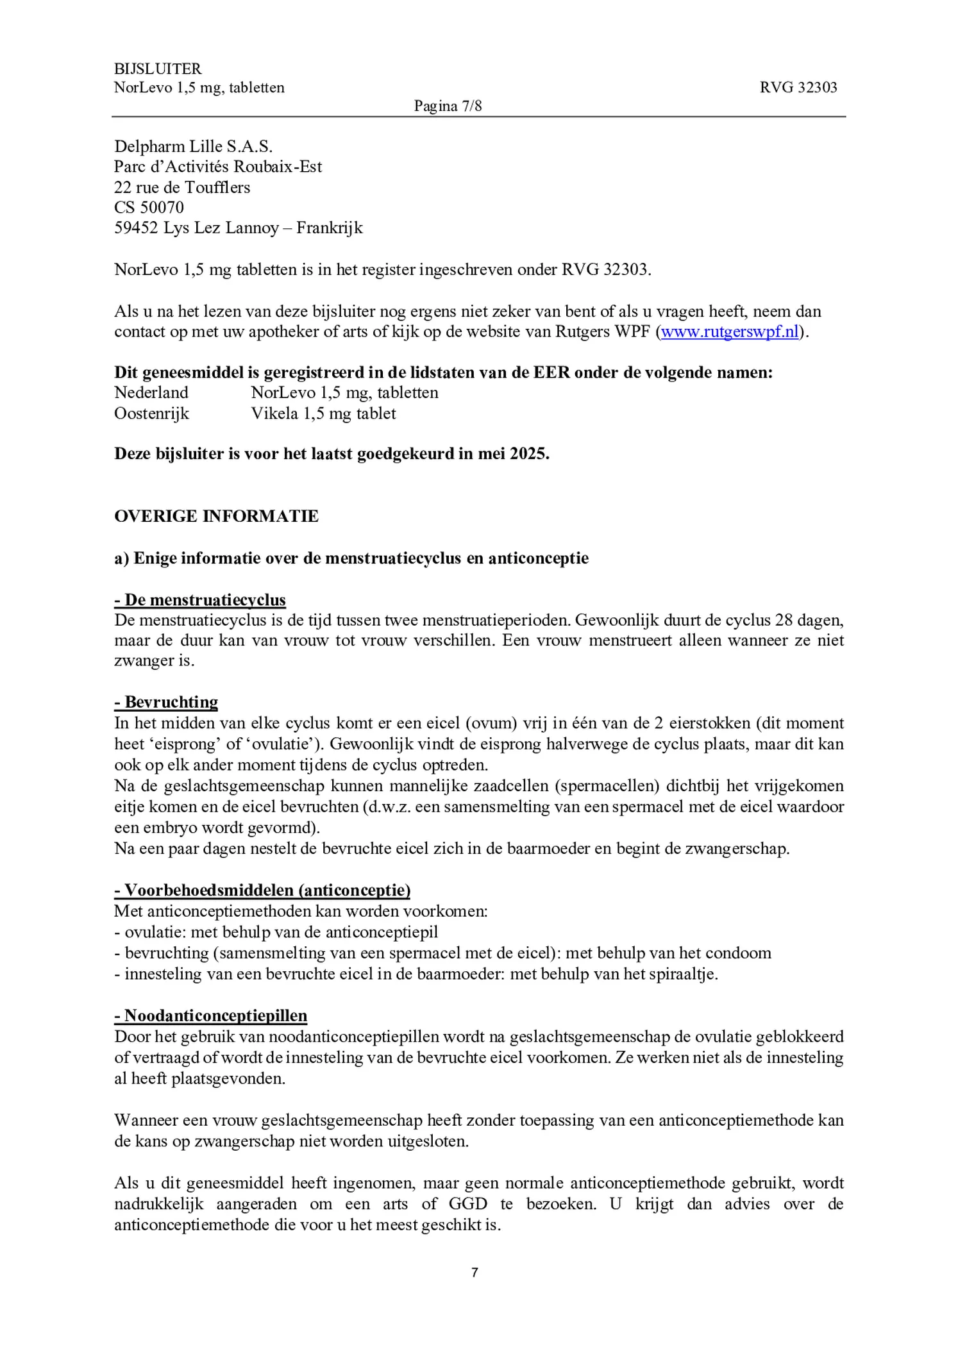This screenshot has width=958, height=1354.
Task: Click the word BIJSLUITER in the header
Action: (158, 69)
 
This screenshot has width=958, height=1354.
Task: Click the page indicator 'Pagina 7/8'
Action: (448, 106)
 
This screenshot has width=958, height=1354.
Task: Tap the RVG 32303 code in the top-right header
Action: (798, 87)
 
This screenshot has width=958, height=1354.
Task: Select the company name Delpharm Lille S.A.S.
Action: (193, 146)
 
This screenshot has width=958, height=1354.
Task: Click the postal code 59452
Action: (136, 228)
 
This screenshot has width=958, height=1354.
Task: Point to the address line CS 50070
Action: (149, 207)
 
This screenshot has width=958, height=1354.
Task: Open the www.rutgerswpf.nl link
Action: (730, 331)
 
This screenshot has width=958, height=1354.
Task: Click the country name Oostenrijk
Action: (151, 413)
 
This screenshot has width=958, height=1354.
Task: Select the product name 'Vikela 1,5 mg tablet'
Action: (323, 413)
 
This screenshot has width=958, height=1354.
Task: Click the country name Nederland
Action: (151, 392)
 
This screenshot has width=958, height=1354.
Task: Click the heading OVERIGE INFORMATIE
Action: (216, 516)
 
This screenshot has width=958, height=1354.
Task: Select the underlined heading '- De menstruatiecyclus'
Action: (200, 599)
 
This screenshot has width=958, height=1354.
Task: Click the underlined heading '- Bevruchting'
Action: (166, 702)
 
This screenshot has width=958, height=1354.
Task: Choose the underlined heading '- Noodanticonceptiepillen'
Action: (211, 1015)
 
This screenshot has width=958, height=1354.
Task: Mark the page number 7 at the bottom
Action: (475, 1273)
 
